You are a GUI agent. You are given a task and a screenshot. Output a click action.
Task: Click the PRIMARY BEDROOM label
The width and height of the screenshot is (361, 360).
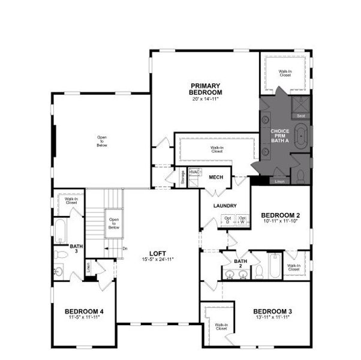click(205, 89)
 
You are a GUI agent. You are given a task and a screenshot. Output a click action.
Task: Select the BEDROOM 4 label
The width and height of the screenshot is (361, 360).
click(84, 311)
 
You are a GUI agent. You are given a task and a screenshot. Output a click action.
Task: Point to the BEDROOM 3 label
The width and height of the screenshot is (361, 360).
click(272, 311)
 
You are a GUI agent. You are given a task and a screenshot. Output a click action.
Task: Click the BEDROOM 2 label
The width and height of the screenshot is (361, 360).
click(281, 215)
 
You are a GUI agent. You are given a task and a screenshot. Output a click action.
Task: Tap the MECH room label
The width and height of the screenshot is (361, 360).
click(215, 178)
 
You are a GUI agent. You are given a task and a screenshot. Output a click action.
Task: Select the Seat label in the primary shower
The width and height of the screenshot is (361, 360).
click(302, 116)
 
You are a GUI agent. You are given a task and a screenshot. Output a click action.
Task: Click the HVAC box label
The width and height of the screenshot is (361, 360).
click(194, 172)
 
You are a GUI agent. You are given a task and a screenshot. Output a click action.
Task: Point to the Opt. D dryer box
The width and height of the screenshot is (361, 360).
click(228, 220)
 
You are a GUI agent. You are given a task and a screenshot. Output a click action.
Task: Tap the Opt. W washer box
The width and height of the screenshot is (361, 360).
click(242, 220)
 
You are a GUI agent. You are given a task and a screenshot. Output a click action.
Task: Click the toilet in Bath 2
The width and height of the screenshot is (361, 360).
click(259, 272)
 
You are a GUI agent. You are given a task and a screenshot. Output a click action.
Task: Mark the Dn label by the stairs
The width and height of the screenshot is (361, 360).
click(124, 248)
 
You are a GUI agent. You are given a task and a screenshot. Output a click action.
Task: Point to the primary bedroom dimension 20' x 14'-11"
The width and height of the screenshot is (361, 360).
click(205, 99)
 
